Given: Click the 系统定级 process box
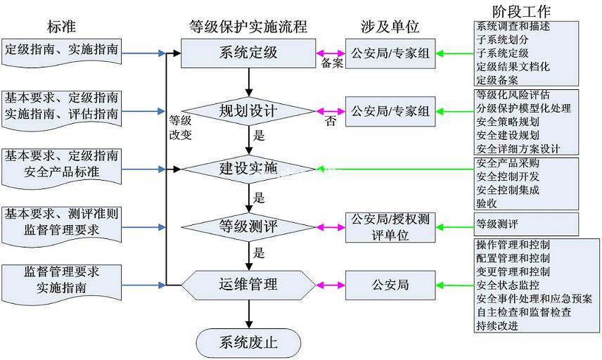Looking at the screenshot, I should (248, 53).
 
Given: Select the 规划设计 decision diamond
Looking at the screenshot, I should (248, 111).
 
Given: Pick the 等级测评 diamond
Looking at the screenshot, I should (248, 226).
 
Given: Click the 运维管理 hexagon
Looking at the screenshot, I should (248, 285).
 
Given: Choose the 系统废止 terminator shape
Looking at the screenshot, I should (248, 343).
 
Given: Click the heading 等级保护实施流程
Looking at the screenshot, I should (248, 27).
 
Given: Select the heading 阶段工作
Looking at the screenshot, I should (522, 12).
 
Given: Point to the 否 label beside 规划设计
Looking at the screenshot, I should (331, 122).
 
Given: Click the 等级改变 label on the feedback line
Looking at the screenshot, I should (180, 128).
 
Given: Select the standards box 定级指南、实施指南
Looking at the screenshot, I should (62, 51).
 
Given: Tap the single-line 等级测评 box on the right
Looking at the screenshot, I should (527, 224).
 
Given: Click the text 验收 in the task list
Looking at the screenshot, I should (487, 203).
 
